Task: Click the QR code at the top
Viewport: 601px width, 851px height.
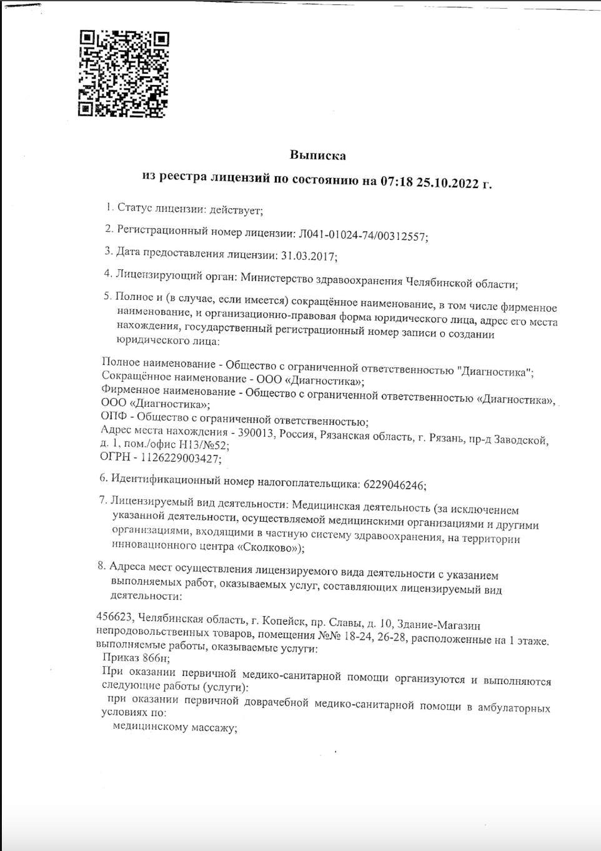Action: coord(124,74)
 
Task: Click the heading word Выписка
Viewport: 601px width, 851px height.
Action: coord(317,155)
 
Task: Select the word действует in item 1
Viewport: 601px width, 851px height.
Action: coord(236,211)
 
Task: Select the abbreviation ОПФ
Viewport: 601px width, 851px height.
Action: coord(113,416)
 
